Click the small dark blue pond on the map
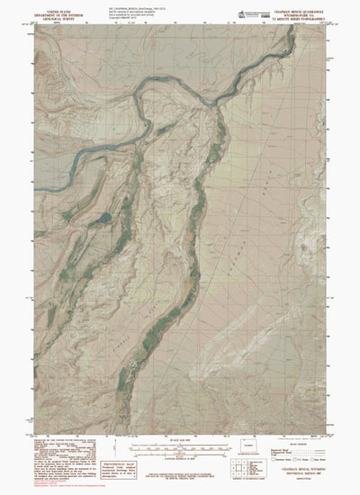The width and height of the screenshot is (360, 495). tap(104, 217)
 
